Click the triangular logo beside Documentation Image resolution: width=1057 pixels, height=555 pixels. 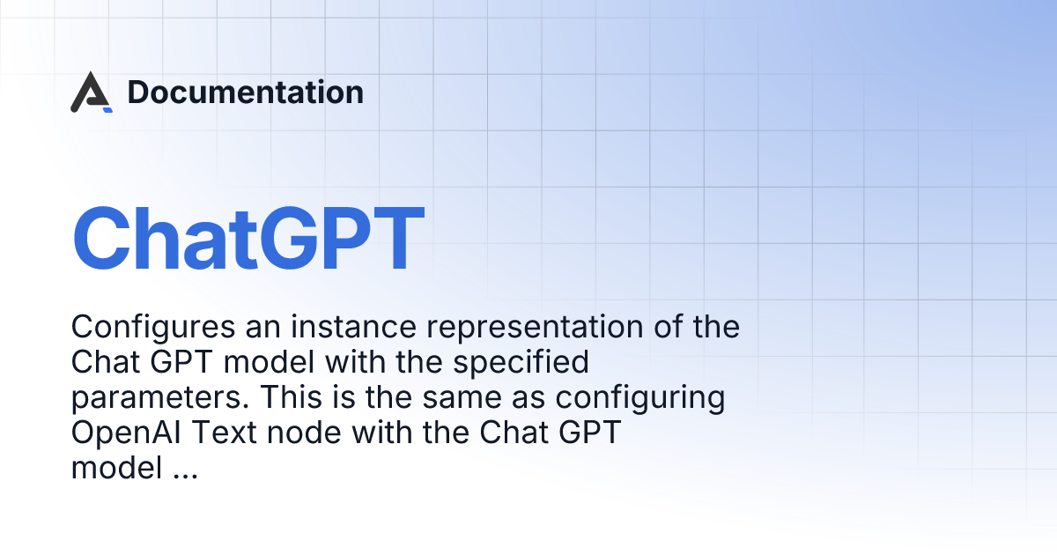tap(91, 93)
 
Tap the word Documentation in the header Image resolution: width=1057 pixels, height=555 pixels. tap(245, 92)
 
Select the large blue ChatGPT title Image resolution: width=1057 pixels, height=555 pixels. tap(248, 238)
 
